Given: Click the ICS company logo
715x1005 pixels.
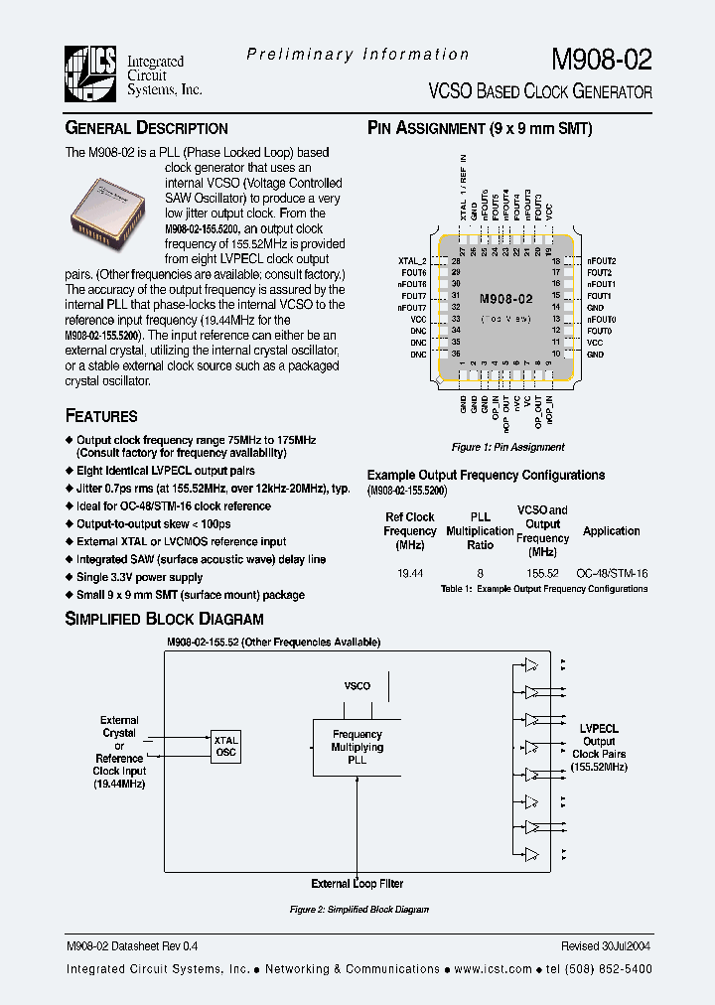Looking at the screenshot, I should [91, 74].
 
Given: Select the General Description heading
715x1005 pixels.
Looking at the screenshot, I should [146, 128].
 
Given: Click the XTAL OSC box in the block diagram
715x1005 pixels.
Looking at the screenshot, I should [226, 746].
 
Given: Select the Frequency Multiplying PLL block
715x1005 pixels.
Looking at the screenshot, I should [357, 747].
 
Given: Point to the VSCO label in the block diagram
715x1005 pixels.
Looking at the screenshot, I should [357, 686].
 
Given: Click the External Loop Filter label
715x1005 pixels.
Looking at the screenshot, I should [357, 883].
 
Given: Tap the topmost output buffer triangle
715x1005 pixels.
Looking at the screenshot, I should [533, 664].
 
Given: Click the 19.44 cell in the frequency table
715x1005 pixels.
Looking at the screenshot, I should [409, 574].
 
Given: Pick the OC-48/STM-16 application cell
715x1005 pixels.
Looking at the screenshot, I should [611, 574].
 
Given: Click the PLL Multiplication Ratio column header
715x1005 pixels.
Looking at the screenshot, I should [481, 531].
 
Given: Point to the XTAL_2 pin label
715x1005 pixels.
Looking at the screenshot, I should [411, 261].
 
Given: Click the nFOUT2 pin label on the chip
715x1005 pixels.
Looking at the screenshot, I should [602, 260].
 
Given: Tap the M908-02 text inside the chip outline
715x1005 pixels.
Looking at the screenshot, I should [505, 298].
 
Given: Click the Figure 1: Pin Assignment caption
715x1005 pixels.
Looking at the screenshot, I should [507, 447].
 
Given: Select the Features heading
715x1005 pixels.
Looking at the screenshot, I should [101, 416].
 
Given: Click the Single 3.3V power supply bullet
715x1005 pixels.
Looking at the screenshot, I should [139, 577].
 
